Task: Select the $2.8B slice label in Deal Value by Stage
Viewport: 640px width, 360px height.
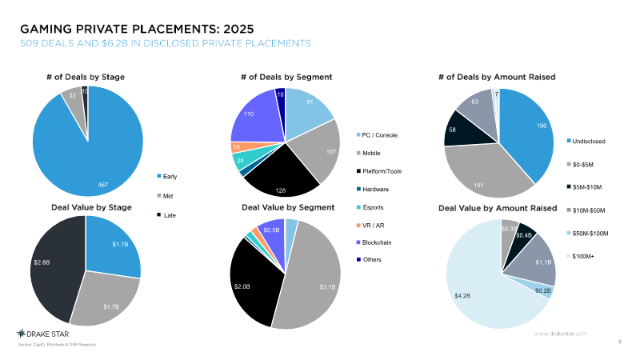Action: coord(42,262)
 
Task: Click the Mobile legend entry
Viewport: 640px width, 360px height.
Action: coord(370,152)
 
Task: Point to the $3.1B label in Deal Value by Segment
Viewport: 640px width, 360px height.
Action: coord(328,286)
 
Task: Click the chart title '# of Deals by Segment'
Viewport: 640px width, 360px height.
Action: coord(286,77)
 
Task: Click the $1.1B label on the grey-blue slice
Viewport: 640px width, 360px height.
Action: coord(542,262)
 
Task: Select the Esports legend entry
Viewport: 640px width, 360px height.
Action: coord(374,206)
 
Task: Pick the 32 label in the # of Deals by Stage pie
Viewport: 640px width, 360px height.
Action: coord(72,95)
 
